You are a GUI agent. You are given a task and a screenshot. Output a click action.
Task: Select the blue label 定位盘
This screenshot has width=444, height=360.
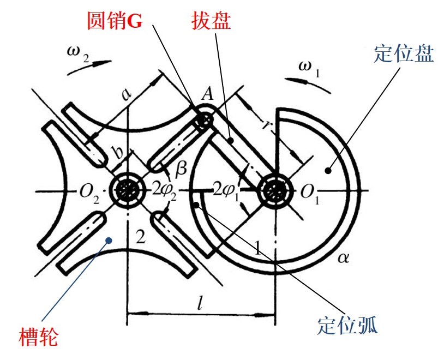404,53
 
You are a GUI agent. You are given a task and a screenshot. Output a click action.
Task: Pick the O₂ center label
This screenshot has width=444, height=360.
88,191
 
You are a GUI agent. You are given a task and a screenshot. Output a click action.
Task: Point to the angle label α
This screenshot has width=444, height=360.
343,256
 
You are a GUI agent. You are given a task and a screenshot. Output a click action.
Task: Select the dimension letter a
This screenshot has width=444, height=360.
127,94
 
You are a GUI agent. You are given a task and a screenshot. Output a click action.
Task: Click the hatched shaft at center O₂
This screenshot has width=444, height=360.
127,190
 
